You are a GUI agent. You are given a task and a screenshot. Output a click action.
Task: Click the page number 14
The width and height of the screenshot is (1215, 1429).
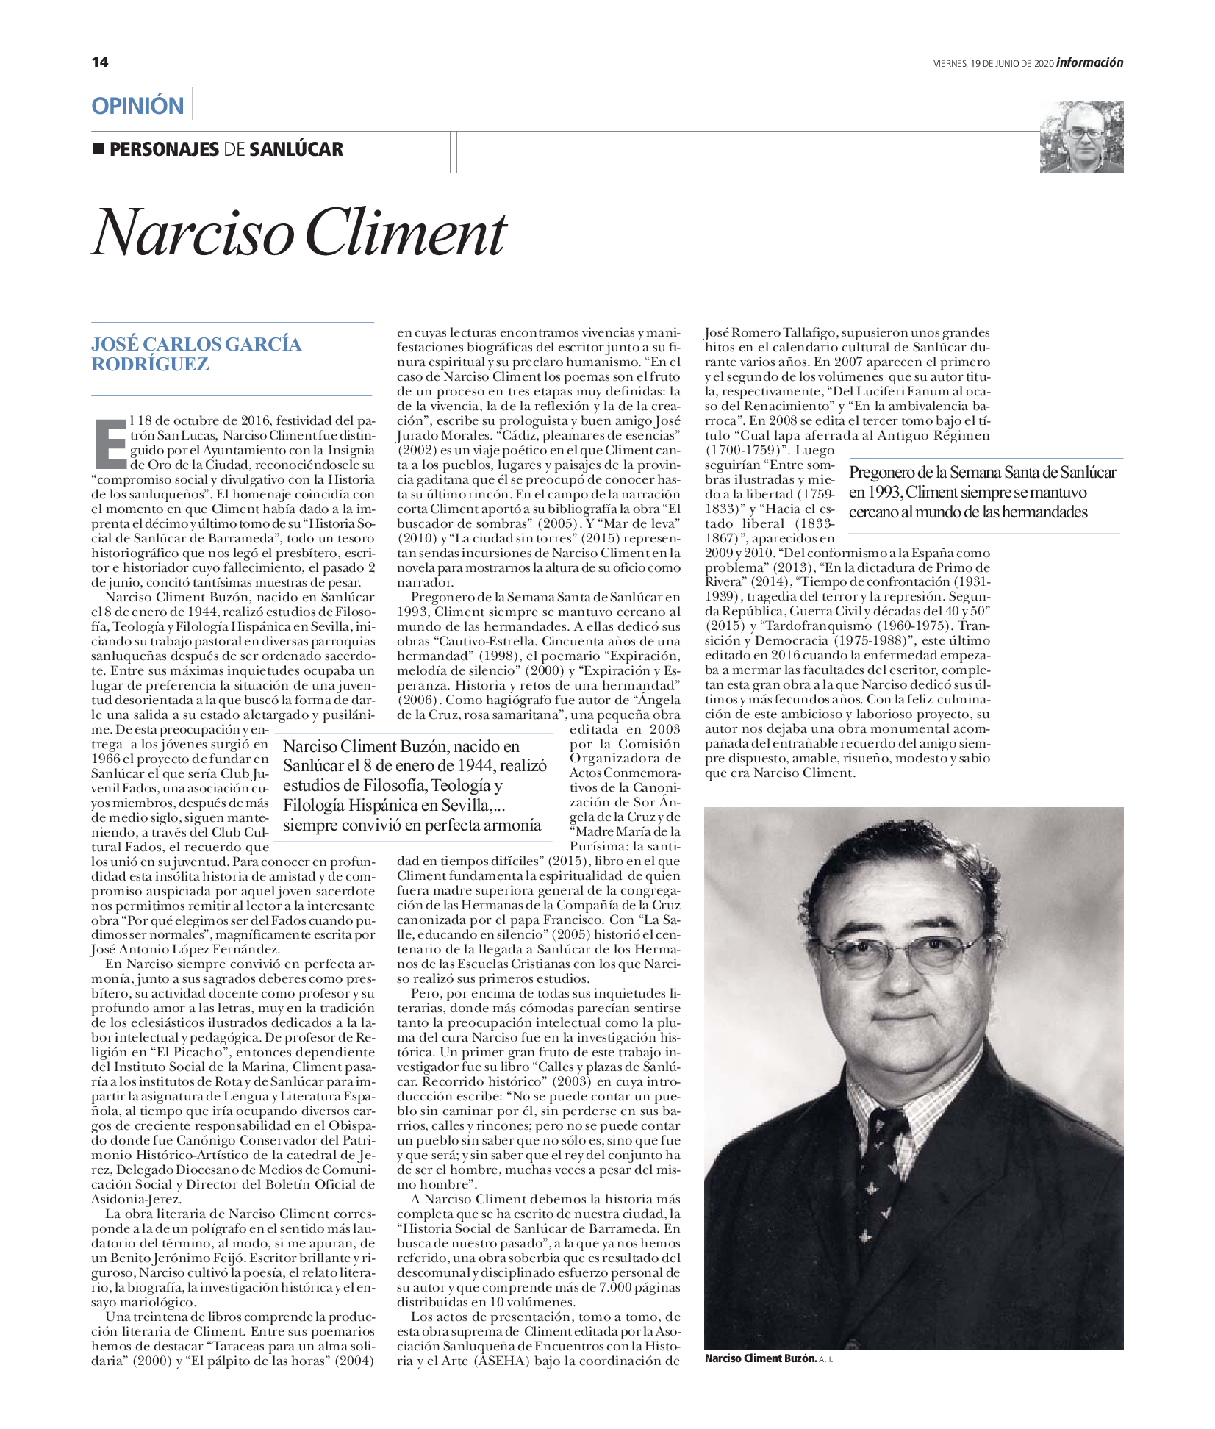[x=100, y=62]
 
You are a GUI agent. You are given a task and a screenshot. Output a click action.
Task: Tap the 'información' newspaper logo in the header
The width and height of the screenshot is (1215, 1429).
[x=1089, y=63]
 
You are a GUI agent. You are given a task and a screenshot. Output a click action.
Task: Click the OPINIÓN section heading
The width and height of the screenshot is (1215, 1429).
[x=137, y=106]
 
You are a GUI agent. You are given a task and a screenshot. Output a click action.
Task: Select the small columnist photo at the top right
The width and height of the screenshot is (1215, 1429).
[x=1081, y=137]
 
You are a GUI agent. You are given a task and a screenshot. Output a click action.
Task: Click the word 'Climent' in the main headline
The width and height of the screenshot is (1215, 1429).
[x=405, y=234]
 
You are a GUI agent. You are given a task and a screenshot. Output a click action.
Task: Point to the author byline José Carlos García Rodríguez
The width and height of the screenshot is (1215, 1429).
[x=196, y=354]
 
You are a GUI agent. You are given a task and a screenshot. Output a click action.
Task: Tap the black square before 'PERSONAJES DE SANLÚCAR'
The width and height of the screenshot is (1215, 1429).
[x=98, y=148]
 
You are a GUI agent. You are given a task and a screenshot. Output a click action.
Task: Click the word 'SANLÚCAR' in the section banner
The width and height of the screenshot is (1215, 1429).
[x=296, y=149]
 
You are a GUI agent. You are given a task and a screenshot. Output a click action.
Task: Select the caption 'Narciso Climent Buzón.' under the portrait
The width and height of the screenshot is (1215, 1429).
[x=760, y=1358]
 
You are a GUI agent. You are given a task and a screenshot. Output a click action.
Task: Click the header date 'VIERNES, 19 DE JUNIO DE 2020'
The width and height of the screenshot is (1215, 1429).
[x=994, y=64]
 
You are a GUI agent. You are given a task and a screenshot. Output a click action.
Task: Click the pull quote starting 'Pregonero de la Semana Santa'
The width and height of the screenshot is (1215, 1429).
[x=982, y=492]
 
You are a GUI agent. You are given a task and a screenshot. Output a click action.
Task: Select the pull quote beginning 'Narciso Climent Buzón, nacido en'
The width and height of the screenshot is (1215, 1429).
[x=415, y=785]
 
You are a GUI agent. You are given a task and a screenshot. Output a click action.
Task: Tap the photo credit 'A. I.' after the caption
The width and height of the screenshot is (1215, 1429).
[x=826, y=1359]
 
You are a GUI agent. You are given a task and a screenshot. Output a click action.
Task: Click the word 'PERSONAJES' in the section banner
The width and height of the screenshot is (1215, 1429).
[x=164, y=149]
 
